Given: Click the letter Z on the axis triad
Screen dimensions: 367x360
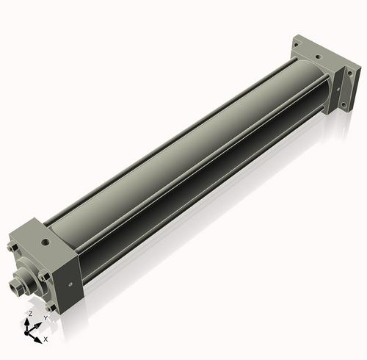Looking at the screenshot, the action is pyautogui.click(x=30, y=314).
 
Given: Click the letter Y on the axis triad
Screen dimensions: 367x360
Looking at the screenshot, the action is pyautogui.click(x=46, y=318).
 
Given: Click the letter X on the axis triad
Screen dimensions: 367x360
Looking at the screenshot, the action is pyautogui.click(x=46, y=339).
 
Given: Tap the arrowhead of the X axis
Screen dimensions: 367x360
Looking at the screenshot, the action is pyautogui.click(x=38, y=339).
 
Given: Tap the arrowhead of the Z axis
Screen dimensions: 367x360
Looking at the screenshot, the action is pyautogui.click(x=27, y=322).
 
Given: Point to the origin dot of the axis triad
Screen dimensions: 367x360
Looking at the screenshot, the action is pyautogui.click(x=26, y=333).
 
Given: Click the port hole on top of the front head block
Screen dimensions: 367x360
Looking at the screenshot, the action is pyautogui.click(x=46, y=242).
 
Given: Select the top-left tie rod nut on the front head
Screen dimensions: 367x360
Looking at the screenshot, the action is pyautogui.click(x=12, y=248).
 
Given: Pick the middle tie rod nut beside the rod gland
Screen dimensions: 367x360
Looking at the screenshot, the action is pyautogui.click(x=43, y=277).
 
